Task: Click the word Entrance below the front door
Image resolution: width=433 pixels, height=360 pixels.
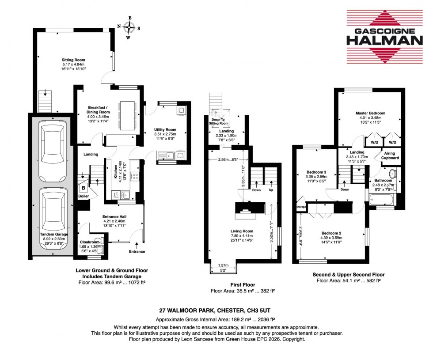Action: (137, 251)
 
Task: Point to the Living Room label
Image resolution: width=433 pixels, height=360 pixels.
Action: (242, 231)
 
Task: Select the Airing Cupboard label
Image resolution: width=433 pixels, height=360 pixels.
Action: (391, 155)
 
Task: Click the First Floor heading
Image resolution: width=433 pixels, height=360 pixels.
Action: (243, 284)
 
